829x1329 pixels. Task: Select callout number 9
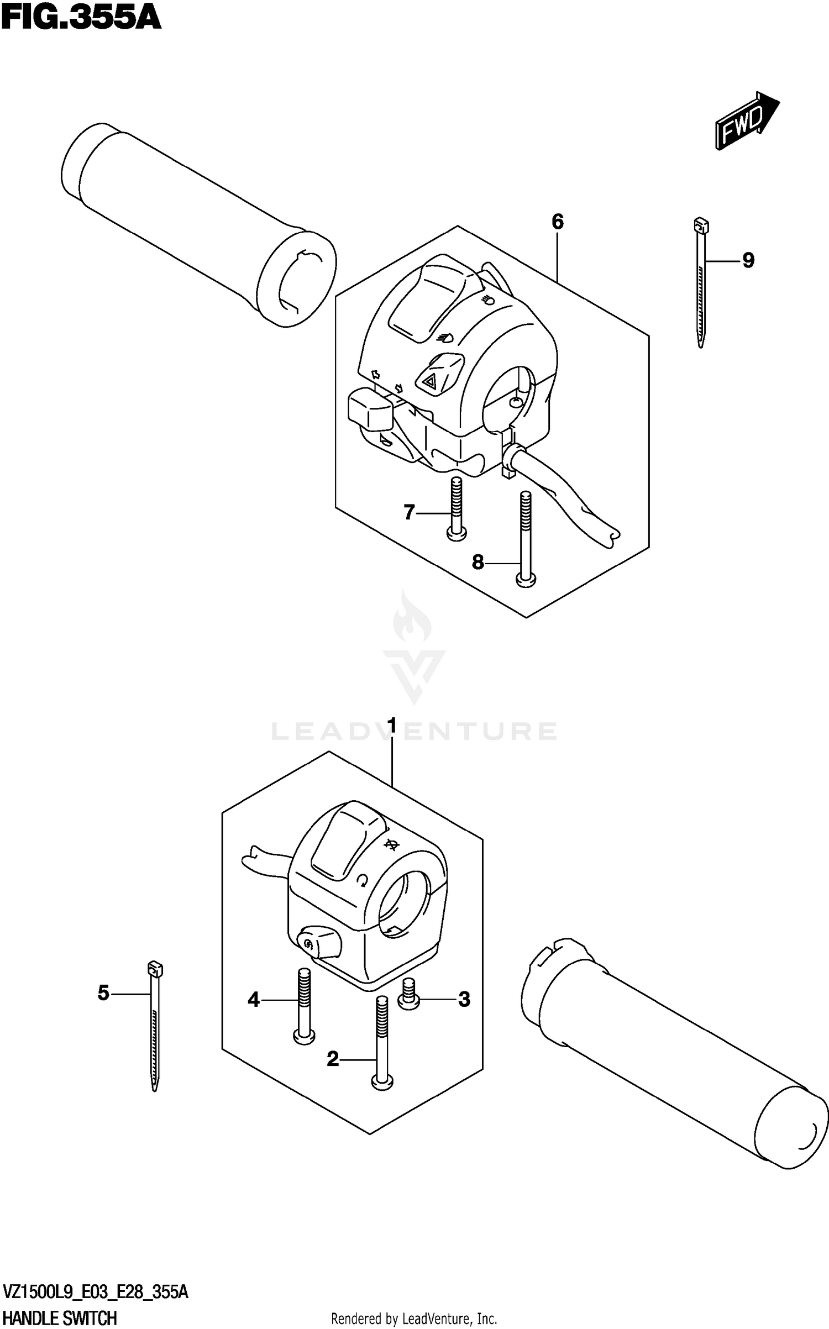(748, 260)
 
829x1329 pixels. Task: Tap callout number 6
(557, 222)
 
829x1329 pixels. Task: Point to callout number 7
(409, 513)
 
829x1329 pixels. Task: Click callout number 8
(478, 563)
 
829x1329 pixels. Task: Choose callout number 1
(392, 725)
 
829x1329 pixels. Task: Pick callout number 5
(103, 994)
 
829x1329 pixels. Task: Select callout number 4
(254, 999)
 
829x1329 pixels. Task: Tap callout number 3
(464, 999)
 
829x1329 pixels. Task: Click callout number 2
(333, 1059)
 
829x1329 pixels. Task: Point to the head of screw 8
(526, 580)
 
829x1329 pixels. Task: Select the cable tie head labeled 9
(701, 226)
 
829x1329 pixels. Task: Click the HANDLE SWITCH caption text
(60, 1319)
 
